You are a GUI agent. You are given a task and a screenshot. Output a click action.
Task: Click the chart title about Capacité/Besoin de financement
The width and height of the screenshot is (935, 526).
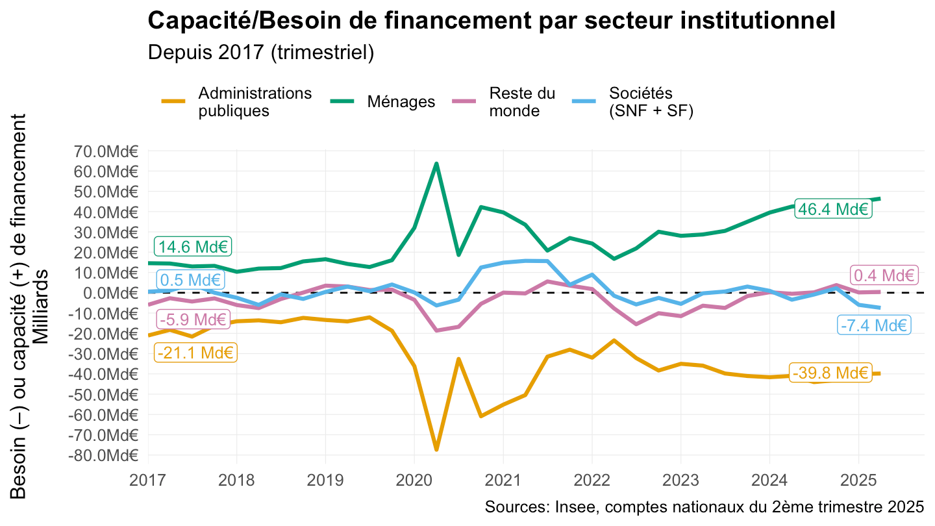(x=492, y=21)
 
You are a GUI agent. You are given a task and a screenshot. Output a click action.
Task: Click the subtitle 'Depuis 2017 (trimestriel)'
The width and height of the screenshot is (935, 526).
(x=261, y=53)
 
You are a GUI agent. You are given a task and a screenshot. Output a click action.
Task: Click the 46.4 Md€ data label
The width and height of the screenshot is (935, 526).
(x=833, y=209)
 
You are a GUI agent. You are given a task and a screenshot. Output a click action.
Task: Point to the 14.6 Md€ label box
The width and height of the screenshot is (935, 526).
(x=193, y=247)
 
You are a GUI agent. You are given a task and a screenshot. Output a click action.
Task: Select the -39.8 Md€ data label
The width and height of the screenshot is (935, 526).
(x=830, y=373)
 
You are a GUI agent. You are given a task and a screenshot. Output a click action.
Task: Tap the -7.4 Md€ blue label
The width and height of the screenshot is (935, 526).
(x=873, y=325)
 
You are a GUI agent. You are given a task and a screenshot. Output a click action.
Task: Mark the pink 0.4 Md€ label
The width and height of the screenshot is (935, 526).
(x=884, y=275)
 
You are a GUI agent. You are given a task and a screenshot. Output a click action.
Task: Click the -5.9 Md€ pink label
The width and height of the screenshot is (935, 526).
(x=192, y=319)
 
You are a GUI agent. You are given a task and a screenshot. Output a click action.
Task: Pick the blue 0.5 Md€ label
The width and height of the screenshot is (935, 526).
(x=190, y=281)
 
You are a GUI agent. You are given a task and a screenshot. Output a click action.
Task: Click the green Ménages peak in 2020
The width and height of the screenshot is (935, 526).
(x=436, y=164)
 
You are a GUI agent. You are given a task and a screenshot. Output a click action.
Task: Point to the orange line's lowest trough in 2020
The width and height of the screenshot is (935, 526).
(x=436, y=449)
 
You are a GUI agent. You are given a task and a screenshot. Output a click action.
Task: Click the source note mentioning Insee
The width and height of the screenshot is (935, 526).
(x=704, y=507)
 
